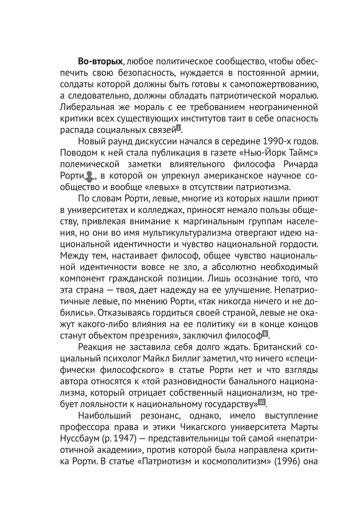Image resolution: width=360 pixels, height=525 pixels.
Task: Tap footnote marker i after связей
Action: pyautogui.click(x=178, y=128)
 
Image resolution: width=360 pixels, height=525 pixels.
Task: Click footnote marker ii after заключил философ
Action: pyautogui.click(x=265, y=334)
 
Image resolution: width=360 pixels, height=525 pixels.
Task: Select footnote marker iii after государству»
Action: pyautogui.click(x=262, y=402)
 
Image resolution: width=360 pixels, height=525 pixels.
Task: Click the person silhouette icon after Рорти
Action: pyautogui.click(x=89, y=176)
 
